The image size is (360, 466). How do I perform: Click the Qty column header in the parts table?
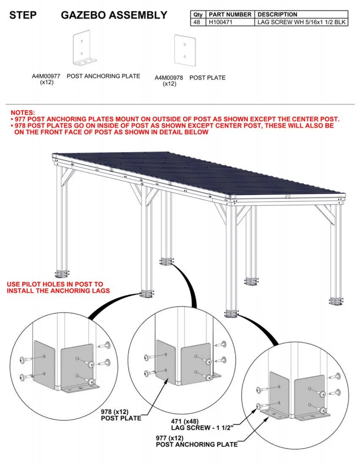click(198, 14)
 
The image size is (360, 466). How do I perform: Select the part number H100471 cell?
click(220, 22)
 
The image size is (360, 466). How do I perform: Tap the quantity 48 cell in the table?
click(197, 22)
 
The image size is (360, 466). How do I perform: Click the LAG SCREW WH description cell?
click(301, 22)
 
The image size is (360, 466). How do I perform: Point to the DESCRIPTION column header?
click(277, 14)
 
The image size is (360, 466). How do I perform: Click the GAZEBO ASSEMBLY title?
click(114, 15)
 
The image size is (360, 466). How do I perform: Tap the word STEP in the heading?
click(23, 15)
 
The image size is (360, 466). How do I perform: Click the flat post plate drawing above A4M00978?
click(185, 50)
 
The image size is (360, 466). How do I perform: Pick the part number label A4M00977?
click(46, 76)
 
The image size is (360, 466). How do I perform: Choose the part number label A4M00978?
click(169, 78)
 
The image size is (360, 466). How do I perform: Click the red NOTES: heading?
click(23, 112)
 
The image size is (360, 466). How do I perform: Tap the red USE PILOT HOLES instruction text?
click(58, 287)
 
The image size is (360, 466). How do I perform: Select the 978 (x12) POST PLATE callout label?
click(121, 415)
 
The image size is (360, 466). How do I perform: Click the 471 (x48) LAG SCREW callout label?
click(202, 425)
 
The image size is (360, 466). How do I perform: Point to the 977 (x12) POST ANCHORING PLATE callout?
click(196, 441)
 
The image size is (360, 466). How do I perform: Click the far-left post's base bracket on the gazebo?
click(62, 274)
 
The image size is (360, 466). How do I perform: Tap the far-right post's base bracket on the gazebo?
click(336, 301)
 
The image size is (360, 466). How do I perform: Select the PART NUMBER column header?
click(230, 14)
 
